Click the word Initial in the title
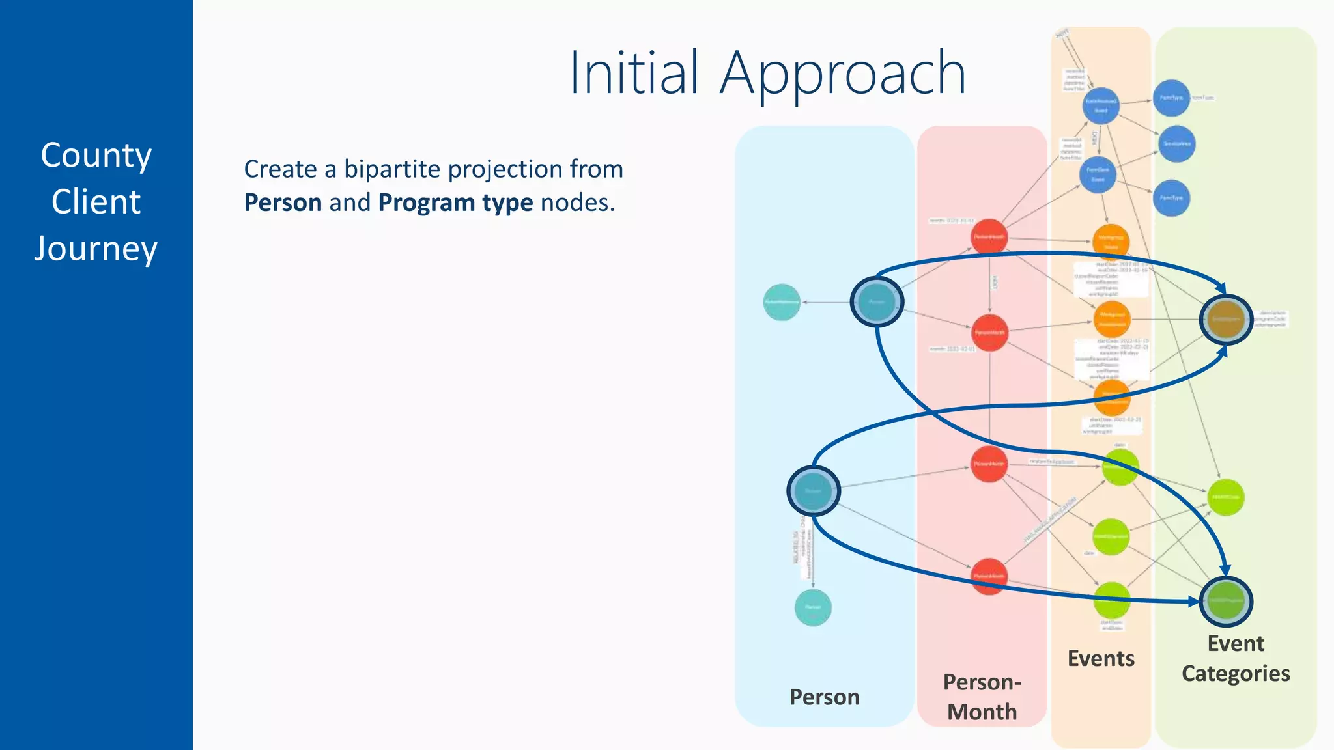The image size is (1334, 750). click(x=633, y=73)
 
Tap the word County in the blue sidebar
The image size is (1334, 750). click(x=96, y=156)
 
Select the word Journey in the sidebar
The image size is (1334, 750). click(x=96, y=249)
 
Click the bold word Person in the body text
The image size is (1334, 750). click(x=283, y=202)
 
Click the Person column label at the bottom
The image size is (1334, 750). click(x=824, y=697)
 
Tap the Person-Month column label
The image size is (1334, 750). click(x=982, y=697)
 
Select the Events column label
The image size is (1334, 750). click(x=1101, y=658)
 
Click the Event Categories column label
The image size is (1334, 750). click(x=1236, y=658)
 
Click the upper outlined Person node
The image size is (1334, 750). click(x=877, y=301)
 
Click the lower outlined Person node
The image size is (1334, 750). click(x=813, y=491)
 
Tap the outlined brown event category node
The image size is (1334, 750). click(x=1226, y=319)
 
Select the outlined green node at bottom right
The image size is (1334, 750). click(x=1226, y=600)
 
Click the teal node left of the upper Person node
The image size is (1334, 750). click(x=782, y=302)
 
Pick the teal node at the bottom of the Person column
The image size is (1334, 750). click(x=813, y=607)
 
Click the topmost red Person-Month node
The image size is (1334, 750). click(x=989, y=236)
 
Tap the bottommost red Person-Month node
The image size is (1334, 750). click(x=989, y=576)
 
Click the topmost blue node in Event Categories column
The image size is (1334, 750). click(x=1171, y=98)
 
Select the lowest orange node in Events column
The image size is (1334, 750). click(x=1111, y=397)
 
